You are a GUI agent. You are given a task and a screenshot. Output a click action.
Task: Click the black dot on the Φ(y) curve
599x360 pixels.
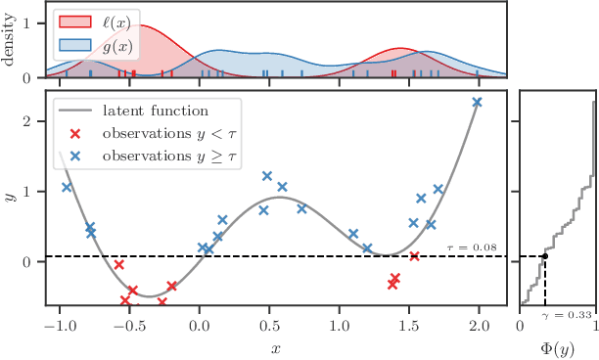[x=544, y=257]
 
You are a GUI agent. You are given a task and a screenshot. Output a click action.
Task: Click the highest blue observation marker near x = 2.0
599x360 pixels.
[x=478, y=103]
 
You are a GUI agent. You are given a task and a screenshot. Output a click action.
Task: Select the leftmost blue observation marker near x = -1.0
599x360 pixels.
[x=67, y=187]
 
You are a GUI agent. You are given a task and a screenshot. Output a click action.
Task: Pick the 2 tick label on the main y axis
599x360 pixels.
[x=32, y=121]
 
